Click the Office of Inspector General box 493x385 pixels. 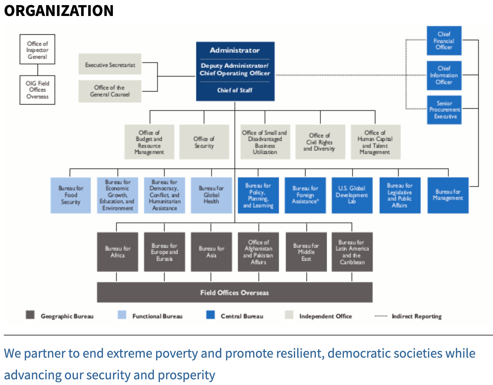(x=37, y=49)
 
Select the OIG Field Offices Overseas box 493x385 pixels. (x=37, y=90)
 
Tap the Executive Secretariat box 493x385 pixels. (x=110, y=64)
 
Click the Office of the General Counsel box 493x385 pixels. (x=110, y=91)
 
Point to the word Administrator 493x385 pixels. (x=235, y=50)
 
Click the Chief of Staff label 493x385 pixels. (x=235, y=90)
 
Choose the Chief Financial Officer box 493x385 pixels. (x=444, y=41)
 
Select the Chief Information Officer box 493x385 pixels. (x=444, y=76)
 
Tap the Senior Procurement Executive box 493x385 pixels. (x=444, y=110)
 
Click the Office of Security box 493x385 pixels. (x=204, y=142)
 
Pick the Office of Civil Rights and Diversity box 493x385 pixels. (x=320, y=142)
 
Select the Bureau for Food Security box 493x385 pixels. (x=71, y=195)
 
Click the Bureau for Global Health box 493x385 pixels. (x=211, y=195)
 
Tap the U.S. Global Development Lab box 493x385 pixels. (x=352, y=195)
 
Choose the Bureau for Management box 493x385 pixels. (x=448, y=195)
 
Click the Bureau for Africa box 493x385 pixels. (x=117, y=252)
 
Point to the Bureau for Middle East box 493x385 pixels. (x=306, y=252)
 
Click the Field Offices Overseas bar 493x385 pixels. (x=235, y=292)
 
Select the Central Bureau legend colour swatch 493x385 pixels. (x=210, y=315)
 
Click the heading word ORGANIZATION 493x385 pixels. (x=59, y=11)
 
